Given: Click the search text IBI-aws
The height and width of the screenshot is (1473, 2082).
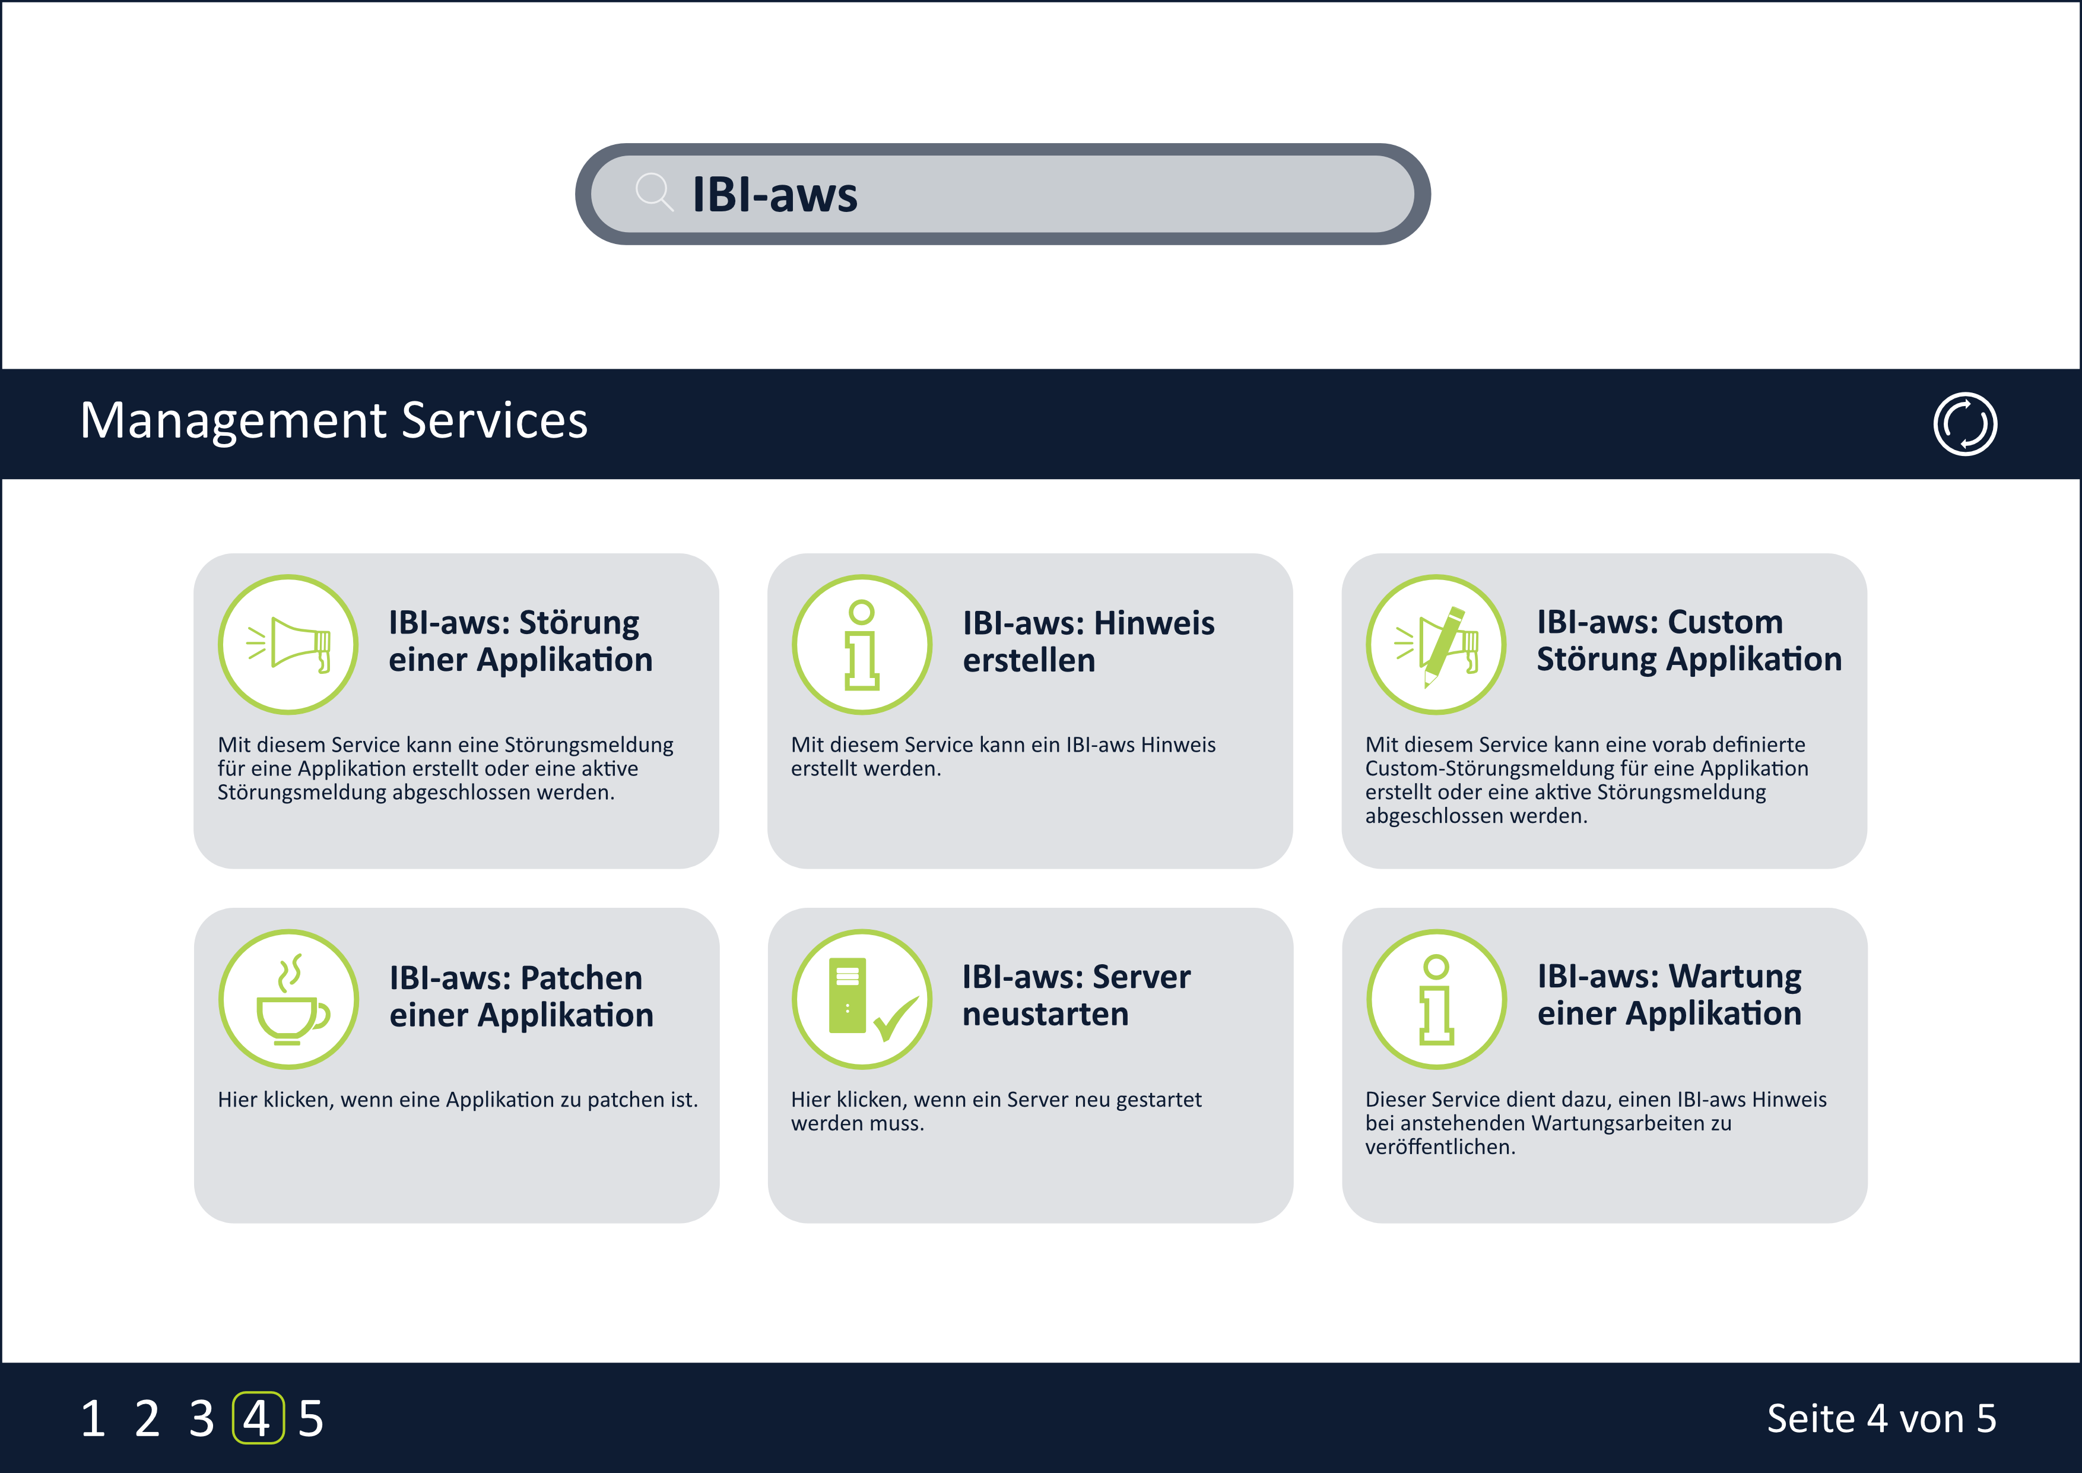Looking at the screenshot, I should [775, 194].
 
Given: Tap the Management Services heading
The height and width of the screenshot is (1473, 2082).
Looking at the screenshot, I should [334, 421].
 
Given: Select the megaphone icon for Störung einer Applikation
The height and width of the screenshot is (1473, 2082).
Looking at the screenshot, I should [288, 644].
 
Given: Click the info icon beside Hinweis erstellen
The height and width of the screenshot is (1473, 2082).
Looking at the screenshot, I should [861, 644].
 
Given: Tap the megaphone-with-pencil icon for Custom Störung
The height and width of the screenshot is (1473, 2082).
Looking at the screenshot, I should [1436, 644].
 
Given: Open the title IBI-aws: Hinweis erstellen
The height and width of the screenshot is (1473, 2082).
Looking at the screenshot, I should [1088, 641].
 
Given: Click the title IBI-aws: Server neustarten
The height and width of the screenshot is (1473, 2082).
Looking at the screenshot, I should [1077, 995].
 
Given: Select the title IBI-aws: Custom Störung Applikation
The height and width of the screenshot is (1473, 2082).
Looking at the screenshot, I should [1689, 641].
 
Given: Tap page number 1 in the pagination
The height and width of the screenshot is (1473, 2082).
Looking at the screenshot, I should [93, 1418].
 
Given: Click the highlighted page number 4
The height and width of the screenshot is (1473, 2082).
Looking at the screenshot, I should [258, 1418].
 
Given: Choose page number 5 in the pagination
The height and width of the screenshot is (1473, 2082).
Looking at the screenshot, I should [311, 1418].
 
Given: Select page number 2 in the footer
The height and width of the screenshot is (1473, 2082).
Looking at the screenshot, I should [147, 1418].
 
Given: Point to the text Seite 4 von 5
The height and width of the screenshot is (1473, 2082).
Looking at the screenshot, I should [1881, 1418].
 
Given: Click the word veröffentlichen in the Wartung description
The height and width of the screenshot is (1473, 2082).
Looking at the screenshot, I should [1439, 1148].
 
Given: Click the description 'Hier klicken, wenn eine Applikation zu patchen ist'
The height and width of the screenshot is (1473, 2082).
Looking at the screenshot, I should [457, 1100].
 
